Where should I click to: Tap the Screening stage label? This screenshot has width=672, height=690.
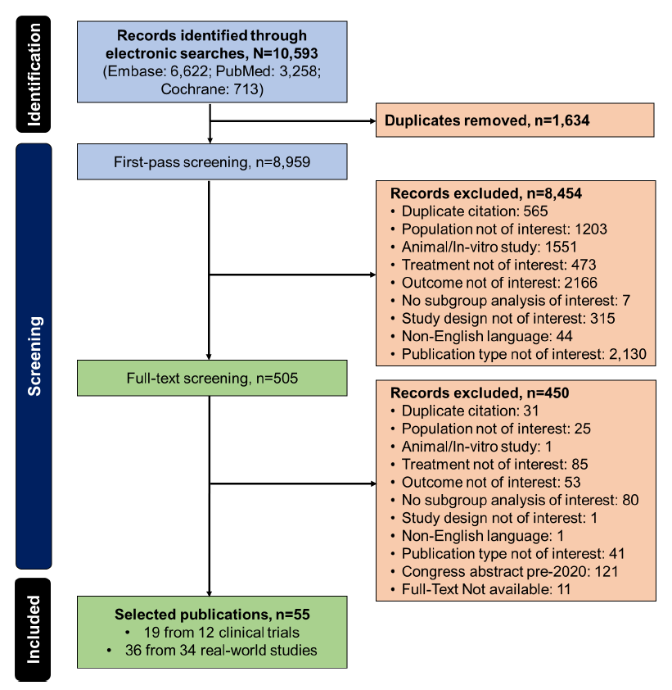coord(34,356)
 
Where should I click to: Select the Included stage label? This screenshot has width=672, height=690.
coord(34,629)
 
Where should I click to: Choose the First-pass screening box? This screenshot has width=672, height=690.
coord(211,162)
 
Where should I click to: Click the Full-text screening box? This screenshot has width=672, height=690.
coord(211,379)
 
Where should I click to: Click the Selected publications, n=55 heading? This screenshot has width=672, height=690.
coord(211,614)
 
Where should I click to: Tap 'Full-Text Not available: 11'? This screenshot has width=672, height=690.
coord(486,588)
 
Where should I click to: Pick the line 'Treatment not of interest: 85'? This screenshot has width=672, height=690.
coord(494,464)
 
